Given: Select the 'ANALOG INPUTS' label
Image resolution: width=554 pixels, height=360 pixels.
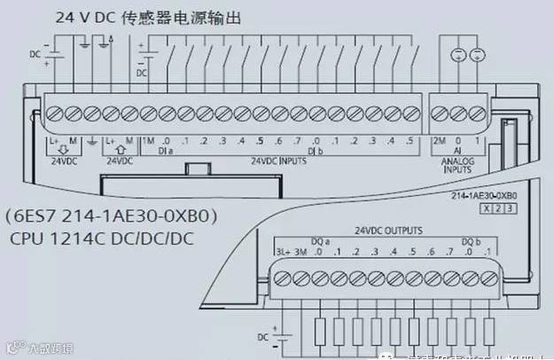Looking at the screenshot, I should (x=459, y=164).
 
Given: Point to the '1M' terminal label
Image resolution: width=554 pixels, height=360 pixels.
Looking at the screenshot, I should (x=148, y=141).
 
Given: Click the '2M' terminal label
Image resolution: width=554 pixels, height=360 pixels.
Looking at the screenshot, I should (x=438, y=141).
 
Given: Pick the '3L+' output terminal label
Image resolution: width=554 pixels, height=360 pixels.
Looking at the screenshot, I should (x=281, y=253).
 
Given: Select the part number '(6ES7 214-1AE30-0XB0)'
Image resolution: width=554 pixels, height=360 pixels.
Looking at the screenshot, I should (x=113, y=216).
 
